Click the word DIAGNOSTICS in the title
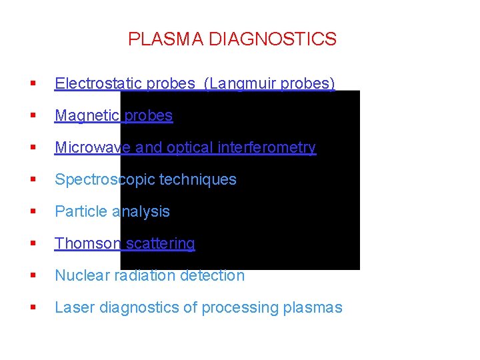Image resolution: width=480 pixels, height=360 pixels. click(x=273, y=39)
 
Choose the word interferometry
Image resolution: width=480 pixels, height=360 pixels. click(x=270, y=147)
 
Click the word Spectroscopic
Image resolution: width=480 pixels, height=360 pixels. click(x=104, y=179)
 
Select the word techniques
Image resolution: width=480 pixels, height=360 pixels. click(x=198, y=179)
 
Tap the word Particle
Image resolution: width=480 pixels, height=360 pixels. click(x=81, y=211)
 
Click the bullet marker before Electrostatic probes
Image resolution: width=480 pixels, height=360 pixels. click(x=31, y=84)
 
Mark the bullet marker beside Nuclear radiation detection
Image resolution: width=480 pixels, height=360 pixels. click(x=31, y=276)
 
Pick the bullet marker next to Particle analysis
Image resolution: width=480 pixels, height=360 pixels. click(x=31, y=212)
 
